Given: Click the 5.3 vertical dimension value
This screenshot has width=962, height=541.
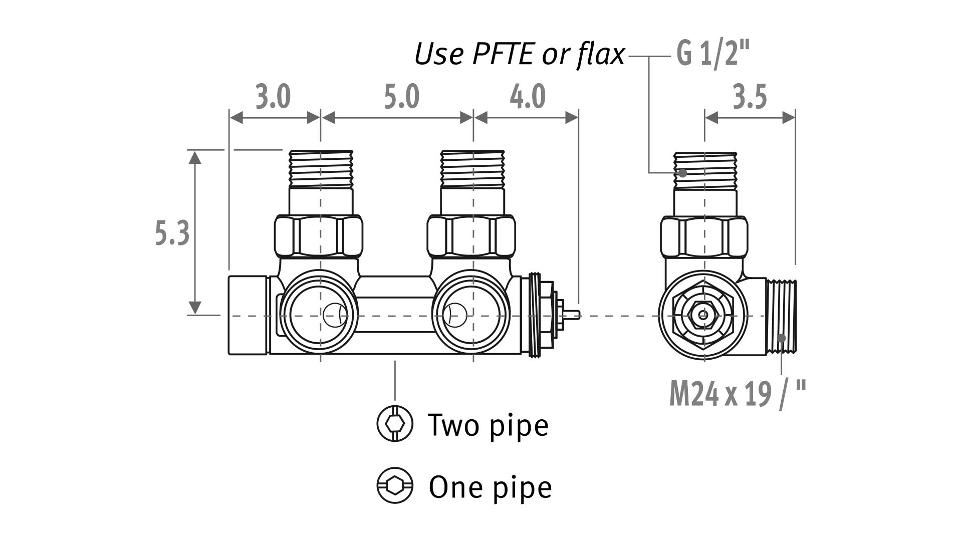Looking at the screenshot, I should coord(172,233).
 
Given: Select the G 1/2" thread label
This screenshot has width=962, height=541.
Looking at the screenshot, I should coord(713,54).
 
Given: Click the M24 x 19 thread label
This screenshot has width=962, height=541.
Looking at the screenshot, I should coord(738,394).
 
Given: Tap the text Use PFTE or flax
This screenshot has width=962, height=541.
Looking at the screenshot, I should coord(520,54).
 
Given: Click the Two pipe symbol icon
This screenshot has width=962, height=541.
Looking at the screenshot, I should coord(395,424).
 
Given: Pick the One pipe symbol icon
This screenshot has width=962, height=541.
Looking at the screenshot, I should coord(395,485).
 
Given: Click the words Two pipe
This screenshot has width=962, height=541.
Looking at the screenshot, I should coord(488,425).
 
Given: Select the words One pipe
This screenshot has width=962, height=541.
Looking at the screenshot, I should coord(490,486).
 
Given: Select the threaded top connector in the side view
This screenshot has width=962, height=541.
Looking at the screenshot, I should coord(705,171).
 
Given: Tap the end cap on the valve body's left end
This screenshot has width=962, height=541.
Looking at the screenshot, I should coord(248,315).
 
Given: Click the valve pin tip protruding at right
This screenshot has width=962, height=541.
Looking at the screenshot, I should coord(577,315).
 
